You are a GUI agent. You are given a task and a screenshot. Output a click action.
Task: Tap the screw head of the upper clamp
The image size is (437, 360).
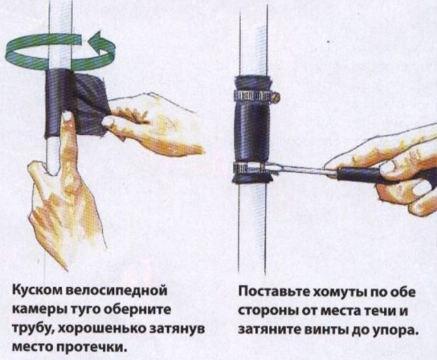click(x=276, y=97)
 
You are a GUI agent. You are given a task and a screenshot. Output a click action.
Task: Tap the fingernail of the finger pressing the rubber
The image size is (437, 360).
click(x=67, y=115)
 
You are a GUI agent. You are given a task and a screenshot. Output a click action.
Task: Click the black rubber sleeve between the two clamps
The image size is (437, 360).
click(x=253, y=131)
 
